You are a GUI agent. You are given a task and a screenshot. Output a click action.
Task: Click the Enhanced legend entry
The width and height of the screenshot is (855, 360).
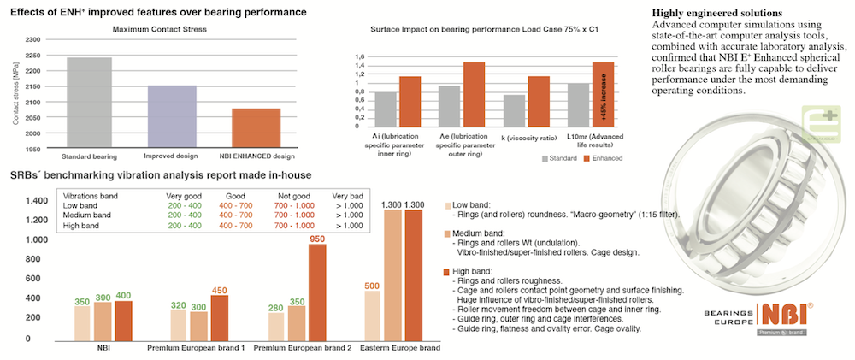pos(604,158)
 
